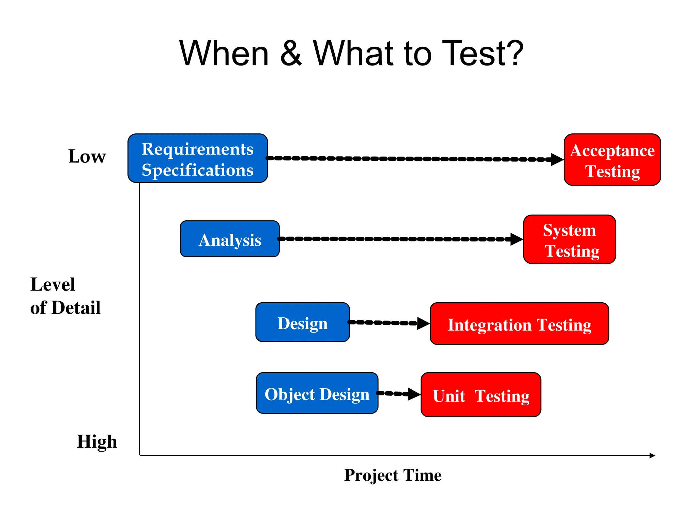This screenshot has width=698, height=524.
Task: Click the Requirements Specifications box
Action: (x=198, y=158)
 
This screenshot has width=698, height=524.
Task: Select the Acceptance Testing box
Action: (x=612, y=160)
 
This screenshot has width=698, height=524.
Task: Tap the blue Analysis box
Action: (x=230, y=239)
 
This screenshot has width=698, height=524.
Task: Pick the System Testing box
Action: (x=570, y=239)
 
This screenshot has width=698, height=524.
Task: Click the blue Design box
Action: (x=302, y=322)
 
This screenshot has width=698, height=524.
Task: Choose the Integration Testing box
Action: (x=519, y=323)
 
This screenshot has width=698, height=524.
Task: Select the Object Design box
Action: (x=317, y=393)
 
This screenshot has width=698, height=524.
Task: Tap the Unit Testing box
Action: (x=481, y=395)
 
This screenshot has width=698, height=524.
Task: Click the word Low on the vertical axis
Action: (x=87, y=156)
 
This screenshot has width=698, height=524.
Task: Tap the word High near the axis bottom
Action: (x=97, y=441)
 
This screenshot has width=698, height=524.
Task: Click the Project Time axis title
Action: (x=393, y=475)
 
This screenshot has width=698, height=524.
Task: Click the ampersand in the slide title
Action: (x=291, y=54)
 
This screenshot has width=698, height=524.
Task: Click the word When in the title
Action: (x=224, y=54)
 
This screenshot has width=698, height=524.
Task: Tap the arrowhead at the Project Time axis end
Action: (x=652, y=455)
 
